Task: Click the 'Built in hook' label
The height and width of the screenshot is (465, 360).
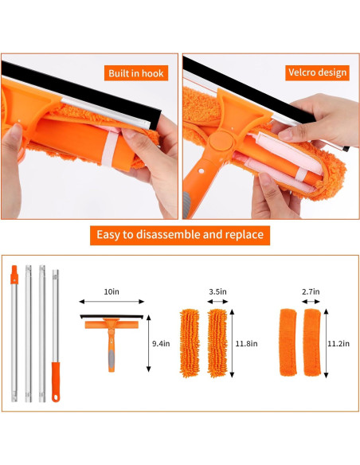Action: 135,73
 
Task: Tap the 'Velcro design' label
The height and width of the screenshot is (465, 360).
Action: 317,72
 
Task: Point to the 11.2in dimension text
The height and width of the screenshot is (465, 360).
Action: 340,344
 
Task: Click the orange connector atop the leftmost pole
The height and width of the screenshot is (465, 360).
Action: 14,279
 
